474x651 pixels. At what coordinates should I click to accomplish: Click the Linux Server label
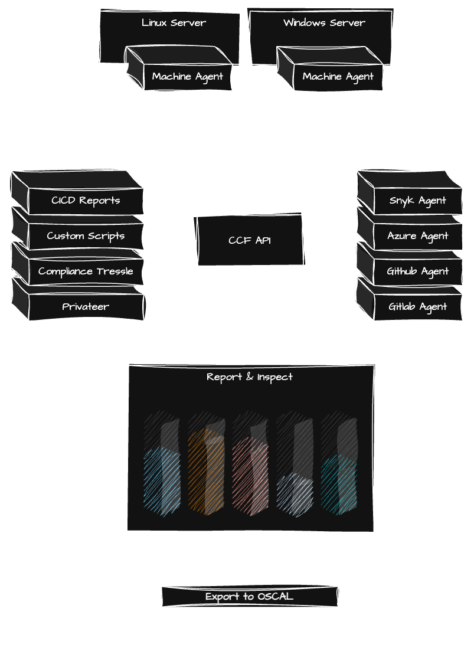[174, 23]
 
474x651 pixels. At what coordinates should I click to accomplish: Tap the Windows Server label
[324, 23]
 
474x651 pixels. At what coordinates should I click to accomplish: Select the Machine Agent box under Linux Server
[188, 76]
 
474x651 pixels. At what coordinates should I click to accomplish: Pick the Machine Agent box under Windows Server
[338, 76]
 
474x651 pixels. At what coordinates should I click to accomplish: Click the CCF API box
[250, 241]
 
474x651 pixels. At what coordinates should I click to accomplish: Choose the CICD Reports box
[86, 201]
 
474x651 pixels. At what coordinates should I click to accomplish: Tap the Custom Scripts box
[86, 236]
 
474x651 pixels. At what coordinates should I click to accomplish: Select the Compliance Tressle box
[86, 271]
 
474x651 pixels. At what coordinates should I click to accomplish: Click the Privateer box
[86, 307]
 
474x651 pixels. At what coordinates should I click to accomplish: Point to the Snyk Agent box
[417, 201]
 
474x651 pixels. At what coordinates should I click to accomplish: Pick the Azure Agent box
[417, 236]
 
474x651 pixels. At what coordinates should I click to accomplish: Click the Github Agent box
[417, 271]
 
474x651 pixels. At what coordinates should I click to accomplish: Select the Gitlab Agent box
[417, 307]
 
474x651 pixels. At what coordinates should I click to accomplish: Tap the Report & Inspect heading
[250, 377]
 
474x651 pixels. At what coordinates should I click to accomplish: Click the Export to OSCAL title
[249, 597]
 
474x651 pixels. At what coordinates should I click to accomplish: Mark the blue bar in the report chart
[162, 481]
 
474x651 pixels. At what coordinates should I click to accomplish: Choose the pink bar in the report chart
[250, 478]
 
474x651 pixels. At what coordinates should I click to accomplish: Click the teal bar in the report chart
[339, 484]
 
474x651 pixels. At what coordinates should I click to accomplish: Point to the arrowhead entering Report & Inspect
[250, 361]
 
